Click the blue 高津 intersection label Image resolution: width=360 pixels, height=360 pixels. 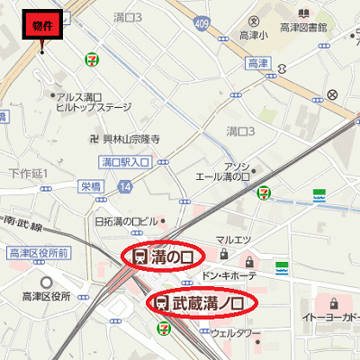[x=257, y=62]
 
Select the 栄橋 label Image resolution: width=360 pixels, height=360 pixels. [x=91, y=186]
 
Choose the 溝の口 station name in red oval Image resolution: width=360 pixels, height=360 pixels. [x=162, y=256]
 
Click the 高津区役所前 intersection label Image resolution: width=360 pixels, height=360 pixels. [x=39, y=254]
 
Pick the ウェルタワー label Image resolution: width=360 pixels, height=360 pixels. [x=235, y=331]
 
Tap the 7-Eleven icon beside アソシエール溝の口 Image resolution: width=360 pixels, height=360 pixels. [x=264, y=192]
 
